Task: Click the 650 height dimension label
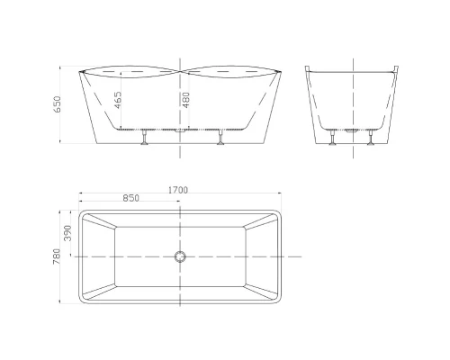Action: tap(57, 104)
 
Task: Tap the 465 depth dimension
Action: tap(118, 100)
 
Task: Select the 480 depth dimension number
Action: tap(186, 100)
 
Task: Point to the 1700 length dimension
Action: tap(178, 190)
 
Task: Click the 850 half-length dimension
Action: tap(131, 198)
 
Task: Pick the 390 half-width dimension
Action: tap(67, 233)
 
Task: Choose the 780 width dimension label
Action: tap(57, 256)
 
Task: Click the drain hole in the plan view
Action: tap(180, 256)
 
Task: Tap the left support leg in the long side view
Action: tap(145, 137)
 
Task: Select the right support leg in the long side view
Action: tap(221, 137)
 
